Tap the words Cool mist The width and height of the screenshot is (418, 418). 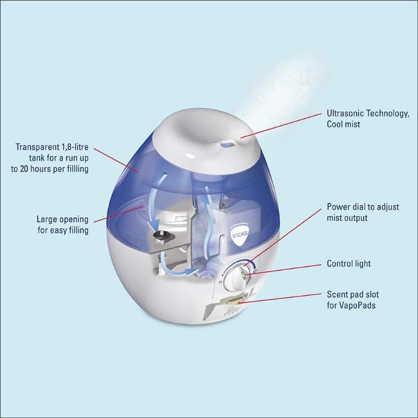[343, 124]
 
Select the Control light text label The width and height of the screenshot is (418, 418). [348, 263]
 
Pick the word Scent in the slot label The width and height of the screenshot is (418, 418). [337, 295]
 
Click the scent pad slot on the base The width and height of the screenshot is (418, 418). [238, 300]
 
